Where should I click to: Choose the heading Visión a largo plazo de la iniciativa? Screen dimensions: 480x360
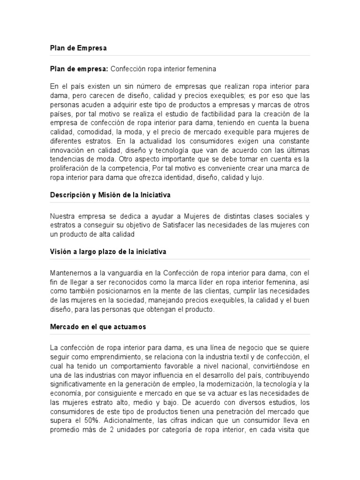108,252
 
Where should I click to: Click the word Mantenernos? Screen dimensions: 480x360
71,273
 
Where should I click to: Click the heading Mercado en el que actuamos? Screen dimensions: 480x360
97,327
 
